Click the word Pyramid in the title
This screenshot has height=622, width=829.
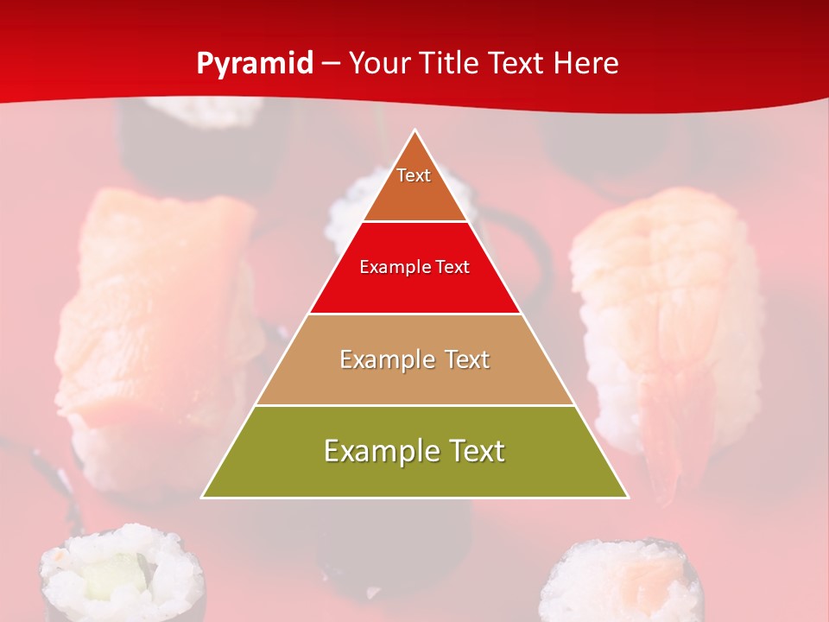(x=254, y=64)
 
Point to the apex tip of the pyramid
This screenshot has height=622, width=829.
(x=415, y=131)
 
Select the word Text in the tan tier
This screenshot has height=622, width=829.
(x=467, y=359)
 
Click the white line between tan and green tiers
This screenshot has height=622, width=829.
(x=414, y=405)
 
